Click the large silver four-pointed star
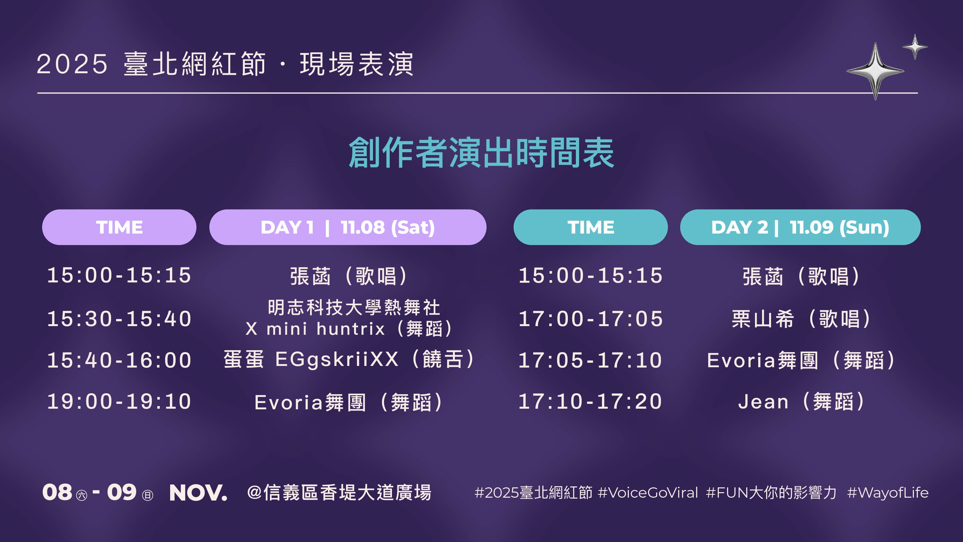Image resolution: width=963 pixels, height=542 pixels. [x=875, y=71]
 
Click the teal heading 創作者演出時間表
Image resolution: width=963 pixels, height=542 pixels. [x=481, y=152]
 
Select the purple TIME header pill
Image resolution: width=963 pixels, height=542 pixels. [x=119, y=227]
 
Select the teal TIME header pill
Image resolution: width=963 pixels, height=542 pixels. [x=591, y=227]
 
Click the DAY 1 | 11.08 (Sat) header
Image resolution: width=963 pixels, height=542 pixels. [x=348, y=227]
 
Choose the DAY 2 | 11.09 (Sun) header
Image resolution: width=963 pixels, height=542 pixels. [x=800, y=227]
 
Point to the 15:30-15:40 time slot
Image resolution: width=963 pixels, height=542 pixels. [x=119, y=319]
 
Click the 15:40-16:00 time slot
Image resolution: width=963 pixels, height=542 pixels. [x=119, y=360]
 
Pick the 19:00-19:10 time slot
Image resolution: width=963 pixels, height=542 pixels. [x=119, y=401]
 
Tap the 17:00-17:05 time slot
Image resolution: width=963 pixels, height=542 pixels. [x=591, y=319]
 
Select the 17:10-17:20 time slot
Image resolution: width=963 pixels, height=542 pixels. [x=591, y=401]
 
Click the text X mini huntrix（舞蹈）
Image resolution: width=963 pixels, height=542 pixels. [x=350, y=329]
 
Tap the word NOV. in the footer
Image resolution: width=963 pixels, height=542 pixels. [x=198, y=493]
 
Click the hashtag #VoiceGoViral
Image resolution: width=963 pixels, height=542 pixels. [x=648, y=493]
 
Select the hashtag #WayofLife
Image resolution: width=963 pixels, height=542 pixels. [x=888, y=493]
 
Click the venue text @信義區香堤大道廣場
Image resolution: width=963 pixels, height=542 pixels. [x=339, y=493]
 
